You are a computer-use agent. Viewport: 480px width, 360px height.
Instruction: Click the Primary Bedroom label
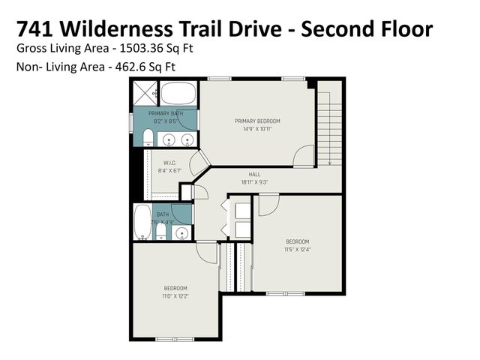[x=256, y=121]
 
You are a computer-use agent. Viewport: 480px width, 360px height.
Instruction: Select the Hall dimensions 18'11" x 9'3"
[x=254, y=181]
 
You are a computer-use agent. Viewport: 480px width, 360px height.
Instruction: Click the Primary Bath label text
[x=165, y=113]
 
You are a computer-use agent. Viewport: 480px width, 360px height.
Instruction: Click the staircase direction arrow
[x=329, y=160]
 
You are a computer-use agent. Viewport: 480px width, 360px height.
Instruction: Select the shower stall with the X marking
[x=145, y=94]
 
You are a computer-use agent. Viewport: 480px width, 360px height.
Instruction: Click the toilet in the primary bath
[x=148, y=137]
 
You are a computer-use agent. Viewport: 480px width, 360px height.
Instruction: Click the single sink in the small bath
[x=181, y=233]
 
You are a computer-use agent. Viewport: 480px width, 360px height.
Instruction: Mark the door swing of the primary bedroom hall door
[x=304, y=155]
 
